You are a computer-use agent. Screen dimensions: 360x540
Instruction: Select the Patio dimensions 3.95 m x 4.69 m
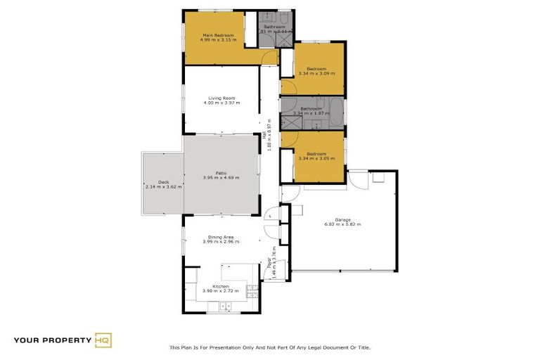[221, 178]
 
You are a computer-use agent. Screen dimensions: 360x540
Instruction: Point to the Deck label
[163, 183]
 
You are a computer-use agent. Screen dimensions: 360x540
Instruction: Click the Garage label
[342, 220]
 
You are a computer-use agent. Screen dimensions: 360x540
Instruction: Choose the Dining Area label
[221, 238]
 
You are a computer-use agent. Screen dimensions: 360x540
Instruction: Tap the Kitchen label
[221, 286]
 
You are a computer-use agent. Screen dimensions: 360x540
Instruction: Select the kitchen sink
[226, 305]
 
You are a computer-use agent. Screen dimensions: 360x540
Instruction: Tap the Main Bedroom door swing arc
[268, 58]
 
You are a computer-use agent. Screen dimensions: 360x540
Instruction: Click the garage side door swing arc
[360, 179]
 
